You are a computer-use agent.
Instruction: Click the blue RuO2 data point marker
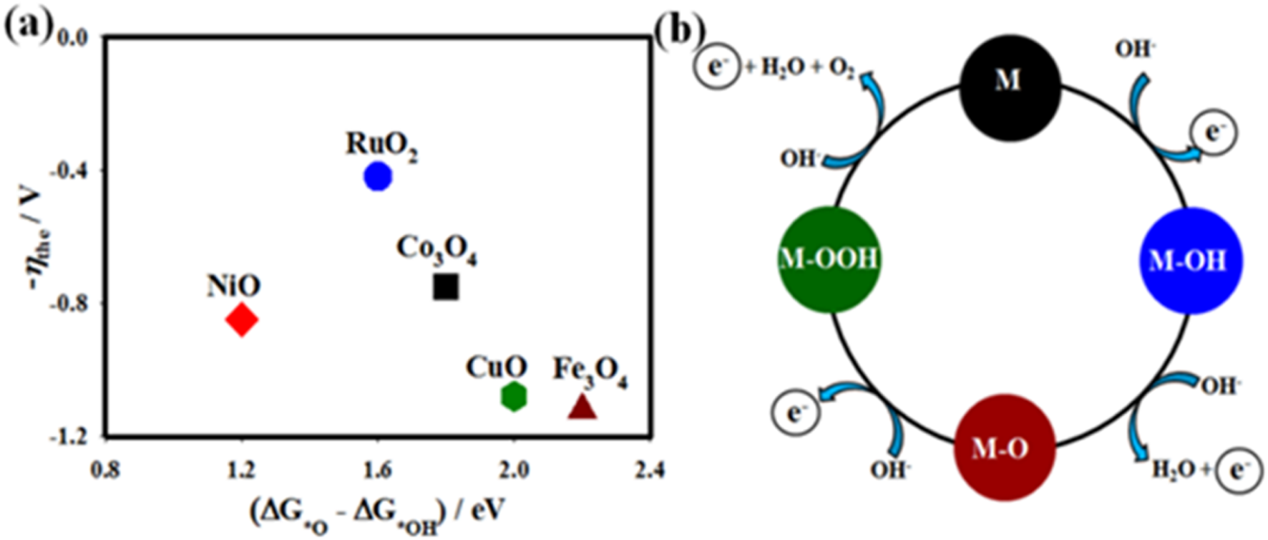coord(377,176)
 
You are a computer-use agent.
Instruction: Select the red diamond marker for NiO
coord(241,319)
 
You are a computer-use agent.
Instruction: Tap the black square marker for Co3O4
coord(445,286)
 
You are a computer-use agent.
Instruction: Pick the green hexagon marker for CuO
coord(513,396)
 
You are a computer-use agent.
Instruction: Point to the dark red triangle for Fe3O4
coord(582,408)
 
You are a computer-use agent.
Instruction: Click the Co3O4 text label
coord(437,250)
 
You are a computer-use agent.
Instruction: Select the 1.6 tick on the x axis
coord(377,470)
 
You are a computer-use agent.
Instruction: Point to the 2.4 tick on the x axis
coord(648,470)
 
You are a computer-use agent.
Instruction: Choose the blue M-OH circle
coord(1190,261)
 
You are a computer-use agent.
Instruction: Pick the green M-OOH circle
coord(829,259)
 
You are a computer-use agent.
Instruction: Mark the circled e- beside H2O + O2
coord(716,68)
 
